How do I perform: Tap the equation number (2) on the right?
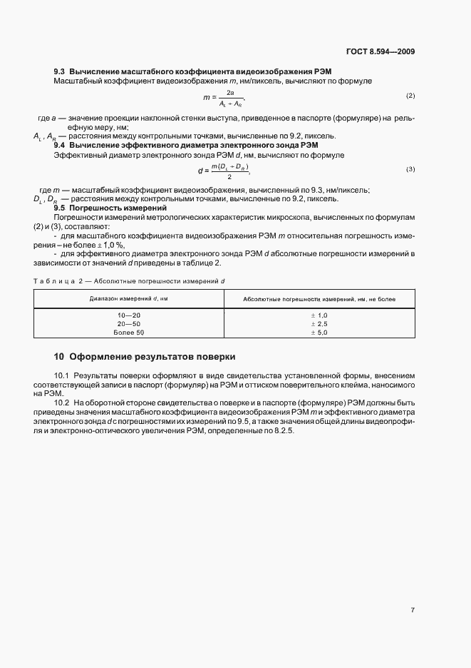(410, 96)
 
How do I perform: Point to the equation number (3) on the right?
(410, 169)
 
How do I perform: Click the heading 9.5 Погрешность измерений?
(110, 207)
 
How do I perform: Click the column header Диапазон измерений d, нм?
(128, 298)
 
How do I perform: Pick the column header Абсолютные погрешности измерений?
(319, 299)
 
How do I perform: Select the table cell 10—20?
(129, 315)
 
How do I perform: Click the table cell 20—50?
(129, 323)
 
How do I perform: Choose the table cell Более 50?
(129, 332)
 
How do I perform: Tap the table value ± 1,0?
(319, 315)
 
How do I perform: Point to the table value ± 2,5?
(319, 323)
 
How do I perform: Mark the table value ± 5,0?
(319, 332)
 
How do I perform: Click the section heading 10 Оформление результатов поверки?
(144, 356)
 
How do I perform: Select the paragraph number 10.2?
(61, 403)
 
